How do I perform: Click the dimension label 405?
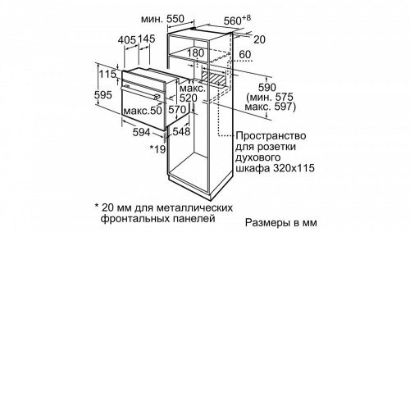(127, 40)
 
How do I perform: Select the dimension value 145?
(146, 39)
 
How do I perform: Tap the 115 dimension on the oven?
(107, 74)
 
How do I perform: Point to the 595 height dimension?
(103, 95)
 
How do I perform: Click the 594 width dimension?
(141, 132)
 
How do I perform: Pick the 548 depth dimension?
(181, 131)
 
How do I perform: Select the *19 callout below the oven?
(157, 149)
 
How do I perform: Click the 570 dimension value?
(177, 110)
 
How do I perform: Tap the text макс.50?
(143, 111)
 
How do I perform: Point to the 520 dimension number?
(189, 98)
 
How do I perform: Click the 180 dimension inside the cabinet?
(195, 53)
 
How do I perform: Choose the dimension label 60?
(245, 55)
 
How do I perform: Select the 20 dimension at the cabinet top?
(259, 39)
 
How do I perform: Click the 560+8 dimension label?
(237, 20)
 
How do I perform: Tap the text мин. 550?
(163, 19)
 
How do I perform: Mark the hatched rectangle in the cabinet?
(214, 78)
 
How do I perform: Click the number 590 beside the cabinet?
(267, 88)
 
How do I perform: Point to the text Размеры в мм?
(281, 222)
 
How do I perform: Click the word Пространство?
(271, 136)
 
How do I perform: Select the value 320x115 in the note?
(293, 168)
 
